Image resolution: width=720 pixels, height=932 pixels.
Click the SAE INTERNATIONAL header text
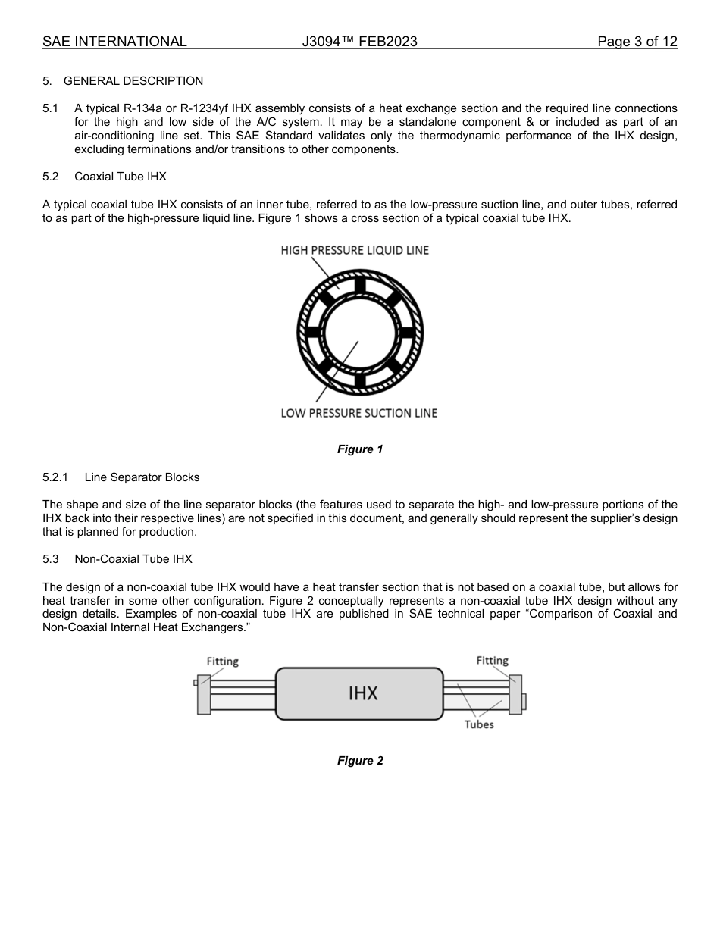[x=114, y=42]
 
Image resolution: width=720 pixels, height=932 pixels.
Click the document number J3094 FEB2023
[x=359, y=42]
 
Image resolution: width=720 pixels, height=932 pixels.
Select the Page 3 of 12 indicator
[x=637, y=42]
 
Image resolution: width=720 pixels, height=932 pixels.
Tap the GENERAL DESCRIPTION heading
[x=133, y=81]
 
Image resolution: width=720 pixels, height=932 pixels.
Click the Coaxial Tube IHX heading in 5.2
[x=121, y=177]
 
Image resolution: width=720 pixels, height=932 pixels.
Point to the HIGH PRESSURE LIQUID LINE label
[x=355, y=250]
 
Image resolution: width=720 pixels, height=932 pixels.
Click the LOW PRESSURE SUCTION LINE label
[x=358, y=413]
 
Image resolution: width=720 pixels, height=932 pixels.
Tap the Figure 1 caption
[x=360, y=449]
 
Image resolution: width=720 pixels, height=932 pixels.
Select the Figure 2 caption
[x=360, y=761]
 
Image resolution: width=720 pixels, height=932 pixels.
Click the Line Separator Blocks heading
[x=142, y=477]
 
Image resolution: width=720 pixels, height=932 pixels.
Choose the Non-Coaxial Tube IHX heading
[x=133, y=559]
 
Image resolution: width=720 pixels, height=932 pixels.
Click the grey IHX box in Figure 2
[x=359, y=693]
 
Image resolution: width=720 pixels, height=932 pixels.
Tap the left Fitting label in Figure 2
[x=223, y=661]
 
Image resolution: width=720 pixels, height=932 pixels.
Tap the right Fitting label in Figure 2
[x=492, y=661]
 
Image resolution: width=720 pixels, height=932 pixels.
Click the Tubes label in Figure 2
[x=479, y=724]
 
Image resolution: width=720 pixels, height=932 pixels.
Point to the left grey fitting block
[x=204, y=694]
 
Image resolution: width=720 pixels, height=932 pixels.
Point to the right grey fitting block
[x=515, y=694]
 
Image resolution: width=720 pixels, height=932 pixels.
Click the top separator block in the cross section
[x=359, y=286]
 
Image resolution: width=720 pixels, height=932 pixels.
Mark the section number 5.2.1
[x=56, y=477]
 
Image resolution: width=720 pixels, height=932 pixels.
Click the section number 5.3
[x=51, y=559]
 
